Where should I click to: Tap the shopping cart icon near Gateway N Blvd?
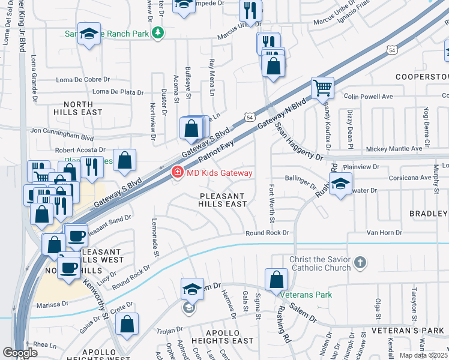(x=322, y=88)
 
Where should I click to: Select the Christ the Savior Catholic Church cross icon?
(x=360, y=262)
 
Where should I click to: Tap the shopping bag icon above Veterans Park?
(x=276, y=279)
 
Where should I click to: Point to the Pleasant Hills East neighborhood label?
(x=223, y=200)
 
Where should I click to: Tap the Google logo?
(x=20, y=352)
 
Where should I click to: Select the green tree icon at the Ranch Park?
(x=158, y=33)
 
